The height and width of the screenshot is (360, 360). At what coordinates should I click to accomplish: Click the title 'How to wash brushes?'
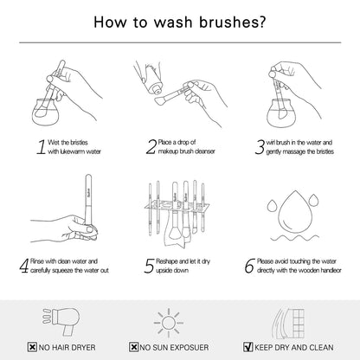(x=179, y=22)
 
